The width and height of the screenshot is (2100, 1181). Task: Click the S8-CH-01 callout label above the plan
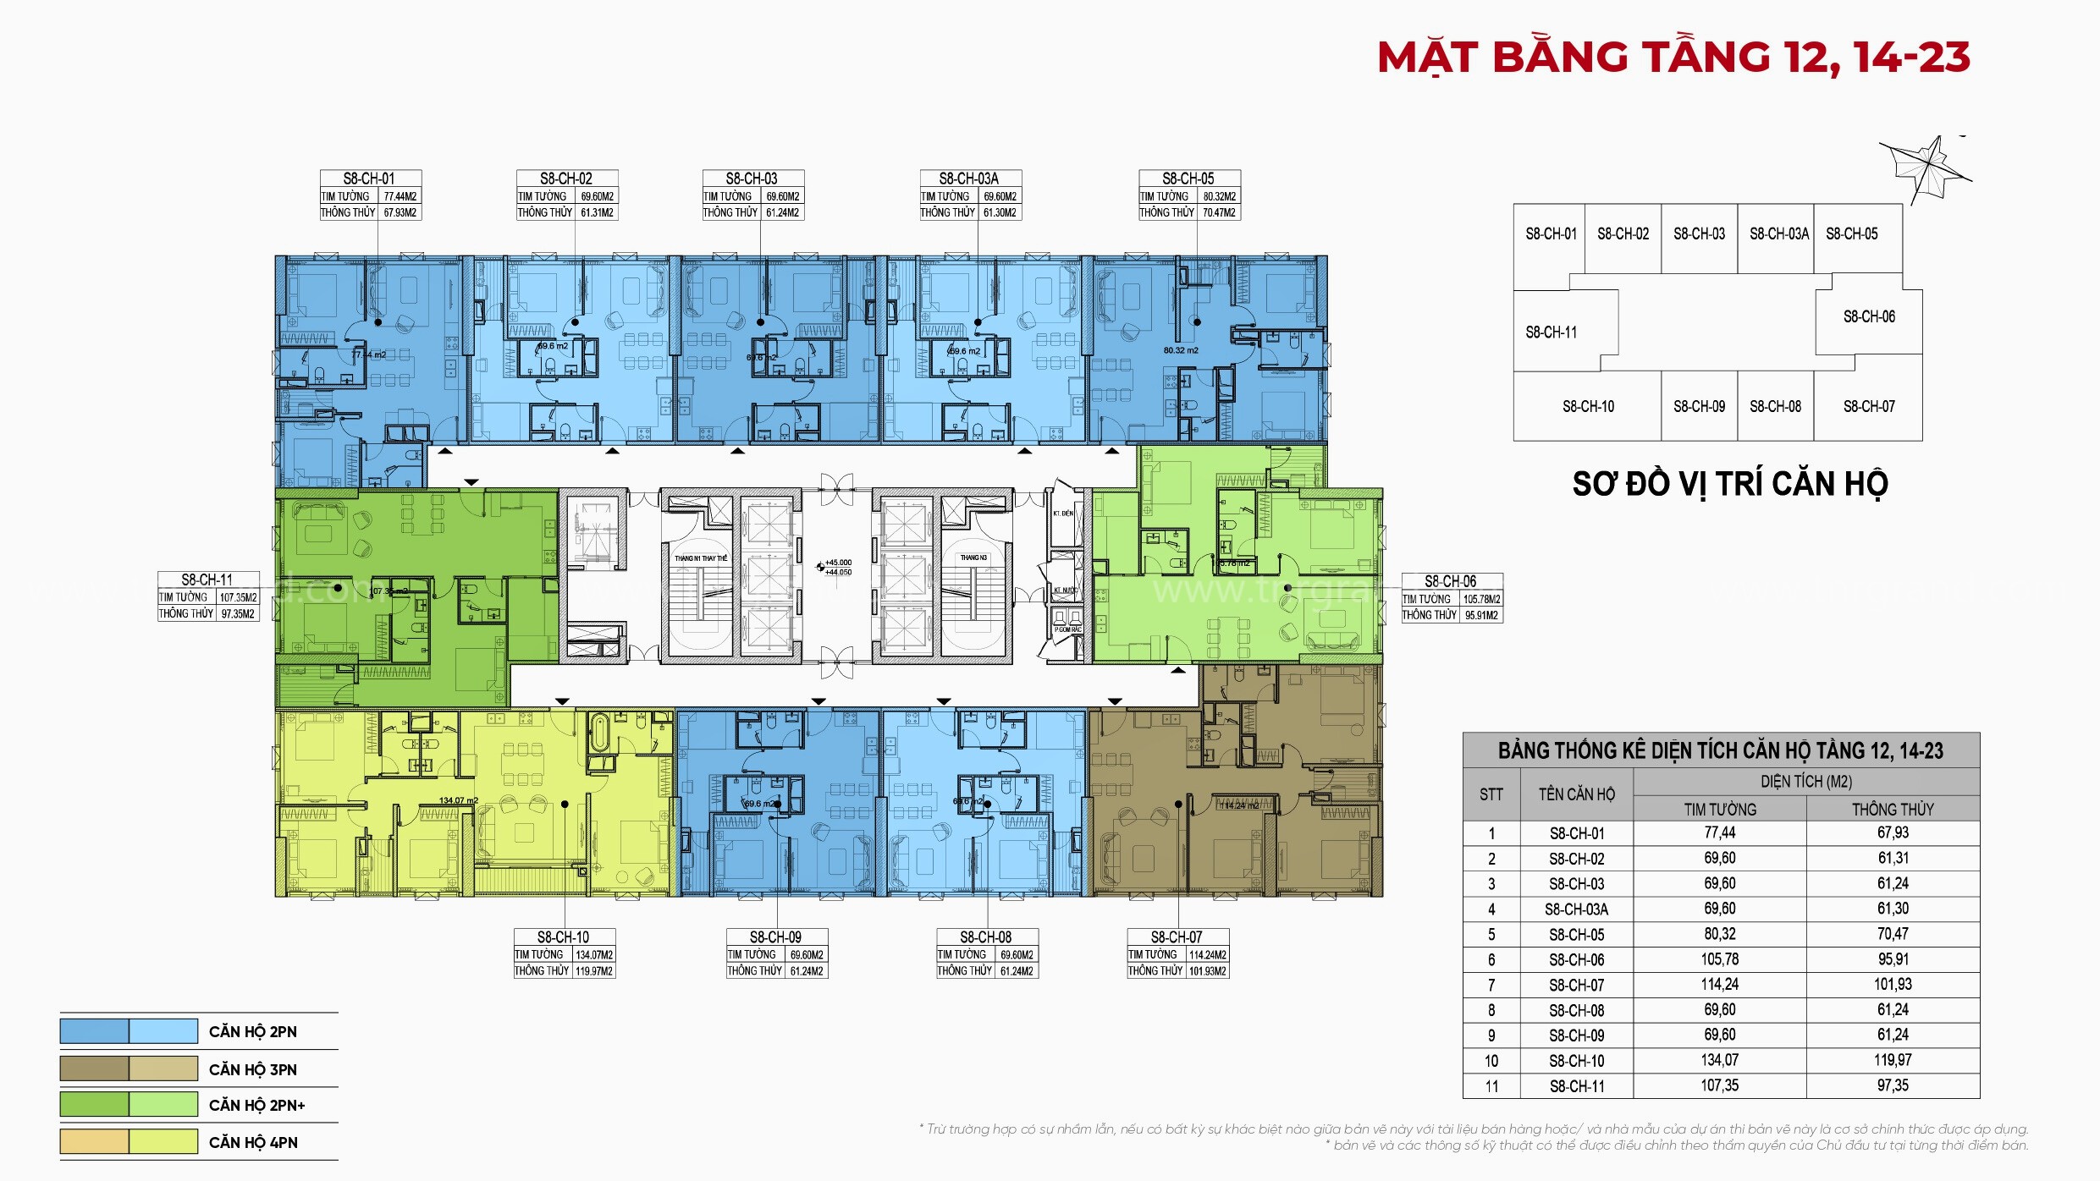(x=369, y=179)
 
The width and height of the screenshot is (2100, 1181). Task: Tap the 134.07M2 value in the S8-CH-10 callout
(x=594, y=955)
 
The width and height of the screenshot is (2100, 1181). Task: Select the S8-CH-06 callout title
(x=1451, y=581)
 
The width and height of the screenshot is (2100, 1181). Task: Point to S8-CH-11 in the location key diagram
(x=1552, y=332)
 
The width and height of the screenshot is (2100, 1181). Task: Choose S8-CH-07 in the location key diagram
(x=1869, y=407)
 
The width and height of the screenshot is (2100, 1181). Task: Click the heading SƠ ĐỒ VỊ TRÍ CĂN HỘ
(x=1730, y=484)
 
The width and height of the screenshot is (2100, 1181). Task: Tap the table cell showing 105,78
(x=1719, y=959)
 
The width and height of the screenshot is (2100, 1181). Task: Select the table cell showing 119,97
(x=1893, y=1060)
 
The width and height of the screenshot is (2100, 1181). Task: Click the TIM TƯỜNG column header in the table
(x=1719, y=810)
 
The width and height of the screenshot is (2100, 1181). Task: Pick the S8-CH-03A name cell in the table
(x=1576, y=909)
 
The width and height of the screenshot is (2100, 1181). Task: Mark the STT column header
(x=1491, y=794)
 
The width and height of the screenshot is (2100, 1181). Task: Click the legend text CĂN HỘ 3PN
(x=253, y=1069)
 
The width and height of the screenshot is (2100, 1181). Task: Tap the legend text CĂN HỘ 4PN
(x=253, y=1143)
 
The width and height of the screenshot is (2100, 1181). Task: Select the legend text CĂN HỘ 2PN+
(x=256, y=1105)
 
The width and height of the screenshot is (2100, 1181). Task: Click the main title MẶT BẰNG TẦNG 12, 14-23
(x=1673, y=58)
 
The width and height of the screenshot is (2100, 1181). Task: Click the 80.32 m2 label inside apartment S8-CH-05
(x=1181, y=350)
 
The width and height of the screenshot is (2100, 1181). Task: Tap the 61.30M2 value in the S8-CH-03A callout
(x=1000, y=213)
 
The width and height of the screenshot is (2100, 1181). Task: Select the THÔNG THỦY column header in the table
(x=1893, y=810)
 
